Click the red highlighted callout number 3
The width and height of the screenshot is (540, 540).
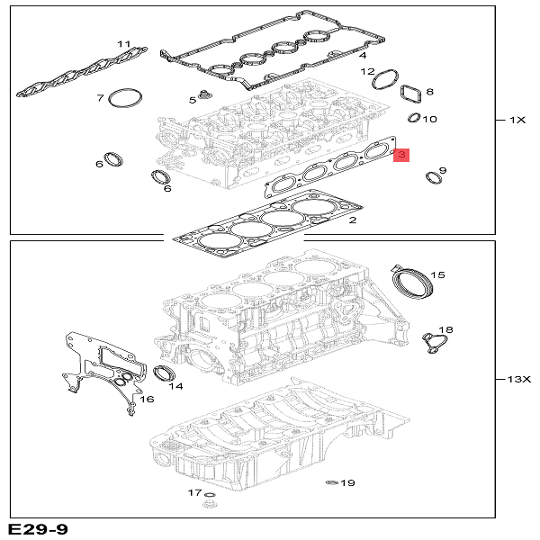click(x=401, y=156)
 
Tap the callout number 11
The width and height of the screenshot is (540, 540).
click(x=123, y=44)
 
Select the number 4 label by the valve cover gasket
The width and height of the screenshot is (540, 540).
click(x=362, y=56)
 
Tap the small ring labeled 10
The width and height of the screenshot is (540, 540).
click(x=414, y=118)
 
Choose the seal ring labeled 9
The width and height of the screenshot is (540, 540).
click(x=433, y=180)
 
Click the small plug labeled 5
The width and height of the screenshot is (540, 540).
click(x=206, y=95)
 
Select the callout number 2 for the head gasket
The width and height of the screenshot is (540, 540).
click(x=353, y=220)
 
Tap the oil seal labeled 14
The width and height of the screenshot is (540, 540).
click(x=164, y=373)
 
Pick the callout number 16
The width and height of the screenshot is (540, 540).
click(x=148, y=400)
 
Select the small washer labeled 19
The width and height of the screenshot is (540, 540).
click(x=330, y=483)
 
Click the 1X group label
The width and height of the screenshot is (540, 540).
click(x=517, y=120)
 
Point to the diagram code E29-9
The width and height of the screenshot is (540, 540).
click(x=37, y=528)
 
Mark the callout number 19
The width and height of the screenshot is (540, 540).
click(x=347, y=483)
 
